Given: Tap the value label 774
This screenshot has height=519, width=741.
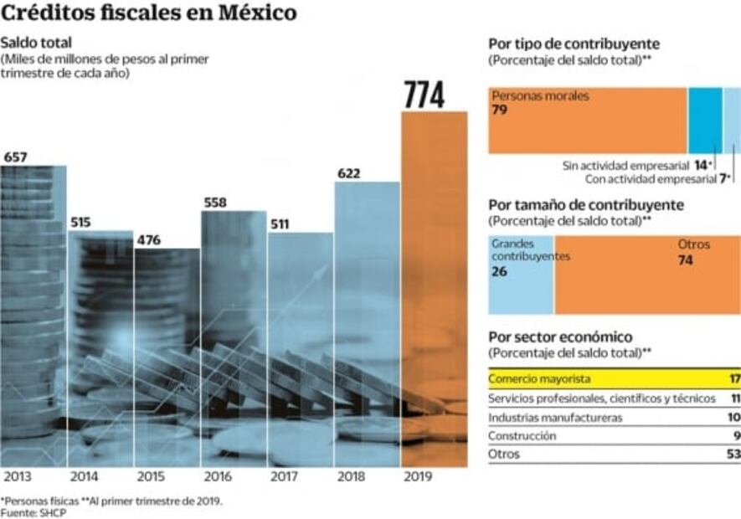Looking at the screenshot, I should point(425,95).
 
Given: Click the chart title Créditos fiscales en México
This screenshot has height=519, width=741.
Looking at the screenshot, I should point(148,13).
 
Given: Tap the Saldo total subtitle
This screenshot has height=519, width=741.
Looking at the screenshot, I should point(36,43).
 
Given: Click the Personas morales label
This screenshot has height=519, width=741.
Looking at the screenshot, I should point(540,95).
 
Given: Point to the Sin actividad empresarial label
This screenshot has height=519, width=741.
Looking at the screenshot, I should point(625,167).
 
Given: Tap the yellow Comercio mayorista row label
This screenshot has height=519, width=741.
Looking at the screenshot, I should point(540,378).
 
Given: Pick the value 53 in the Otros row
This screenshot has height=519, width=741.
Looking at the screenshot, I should point(733,455).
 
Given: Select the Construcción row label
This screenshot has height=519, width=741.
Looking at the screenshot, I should point(522,435).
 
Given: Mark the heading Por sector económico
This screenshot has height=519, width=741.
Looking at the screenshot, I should point(560,337).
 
